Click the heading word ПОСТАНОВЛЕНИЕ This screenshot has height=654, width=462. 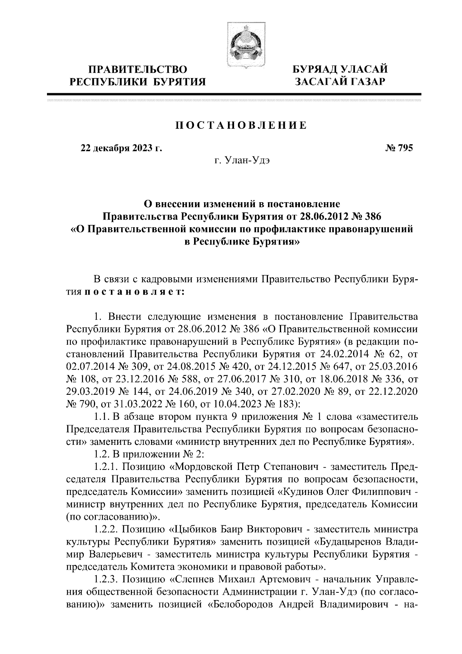coord(241,126)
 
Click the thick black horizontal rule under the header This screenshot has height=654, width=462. coord(234,94)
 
